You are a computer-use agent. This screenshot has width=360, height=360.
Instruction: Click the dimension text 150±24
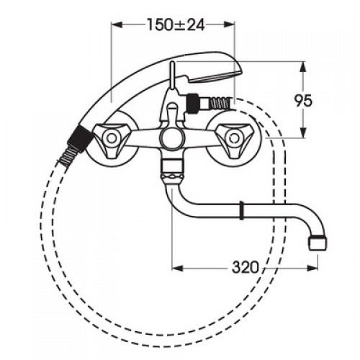tap(176, 24)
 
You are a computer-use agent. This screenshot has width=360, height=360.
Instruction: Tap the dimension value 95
tap(304, 101)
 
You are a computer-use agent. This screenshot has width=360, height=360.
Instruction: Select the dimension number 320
tap(246, 267)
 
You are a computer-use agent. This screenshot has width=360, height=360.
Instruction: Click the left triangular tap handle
tap(112, 139)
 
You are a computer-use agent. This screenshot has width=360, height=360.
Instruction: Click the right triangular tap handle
tap(233, 139)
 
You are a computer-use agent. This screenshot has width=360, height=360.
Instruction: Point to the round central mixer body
tap(171, 139)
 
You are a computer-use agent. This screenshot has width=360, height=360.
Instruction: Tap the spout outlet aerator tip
tap(318, 243)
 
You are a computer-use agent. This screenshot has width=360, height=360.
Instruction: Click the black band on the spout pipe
tap(242, 211)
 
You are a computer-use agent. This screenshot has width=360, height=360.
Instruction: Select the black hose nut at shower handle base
tap(80, 137)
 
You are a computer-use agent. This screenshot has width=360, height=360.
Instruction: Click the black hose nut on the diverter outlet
tap(194, 104)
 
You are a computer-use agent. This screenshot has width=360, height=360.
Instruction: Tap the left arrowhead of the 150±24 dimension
tap(117, 24)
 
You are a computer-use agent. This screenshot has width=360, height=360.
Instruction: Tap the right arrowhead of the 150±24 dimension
tap(229, 24)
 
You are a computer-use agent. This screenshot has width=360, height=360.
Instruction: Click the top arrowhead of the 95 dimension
tap(304, 67)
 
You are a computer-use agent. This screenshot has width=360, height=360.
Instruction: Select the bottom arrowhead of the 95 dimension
tap(304, 132)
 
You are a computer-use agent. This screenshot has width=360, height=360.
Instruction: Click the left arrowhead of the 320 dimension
tap(178, 268)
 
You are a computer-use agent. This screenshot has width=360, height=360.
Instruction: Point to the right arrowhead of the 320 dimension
tap(312, 268)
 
